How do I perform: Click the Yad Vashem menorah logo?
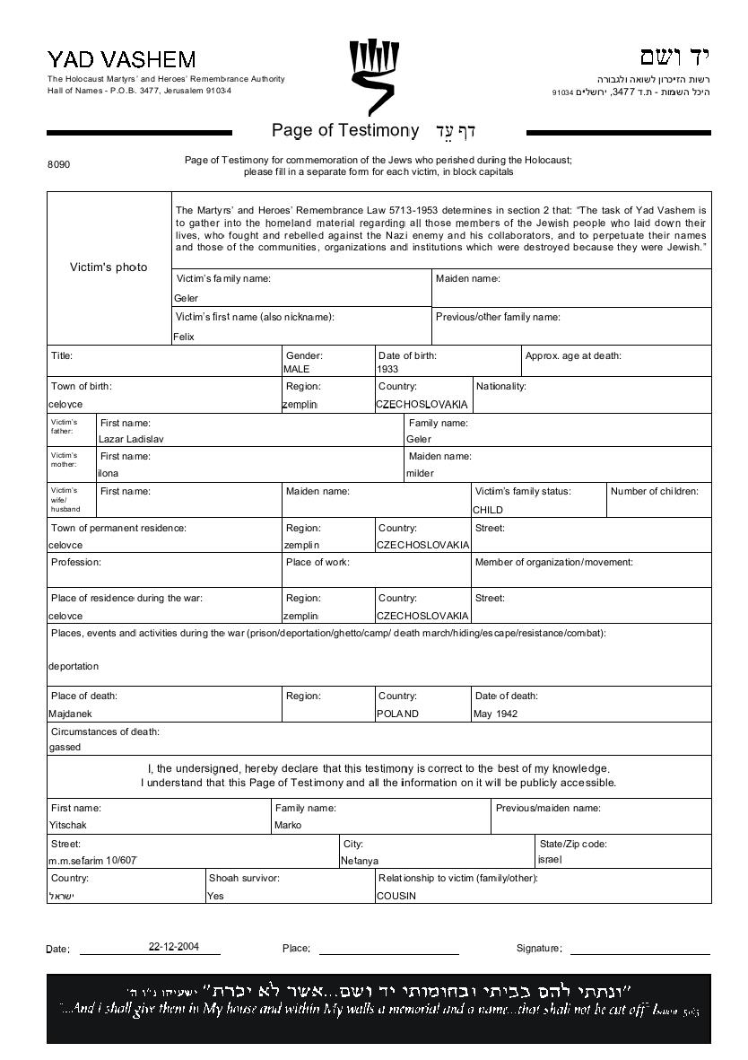pos(372,73)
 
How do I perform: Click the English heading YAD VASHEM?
pos(121,60)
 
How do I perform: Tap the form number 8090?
pos(58,165)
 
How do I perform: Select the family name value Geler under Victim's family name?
pos(187,298)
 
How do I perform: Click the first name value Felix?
pos(184,337)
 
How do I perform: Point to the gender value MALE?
pos(296,369)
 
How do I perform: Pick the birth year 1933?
pos(388,369)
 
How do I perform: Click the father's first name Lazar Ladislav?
pos(131,439)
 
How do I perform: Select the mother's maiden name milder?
pos(420,473)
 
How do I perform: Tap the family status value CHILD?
pos(488,510)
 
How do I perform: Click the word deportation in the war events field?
pos(74,666)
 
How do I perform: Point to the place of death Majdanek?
pos(70,714)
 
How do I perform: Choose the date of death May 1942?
pos(495,714)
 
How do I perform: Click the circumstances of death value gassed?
pos(65,747)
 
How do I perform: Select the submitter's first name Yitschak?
pos(68,825)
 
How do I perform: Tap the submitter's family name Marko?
pos(288,825)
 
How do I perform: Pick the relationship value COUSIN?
pos(396,896)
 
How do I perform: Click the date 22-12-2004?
pos(174,946)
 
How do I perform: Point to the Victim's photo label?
pos(109,267)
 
